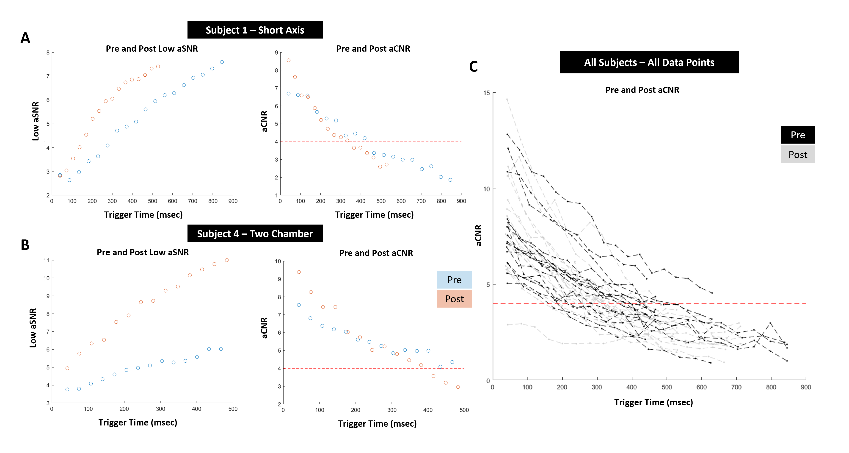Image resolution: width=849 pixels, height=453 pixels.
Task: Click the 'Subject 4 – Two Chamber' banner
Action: [x=255, y=234]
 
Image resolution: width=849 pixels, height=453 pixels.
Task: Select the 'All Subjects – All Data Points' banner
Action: [x=649, y=62]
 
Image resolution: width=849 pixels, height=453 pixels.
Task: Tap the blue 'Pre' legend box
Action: [x=454, y=280]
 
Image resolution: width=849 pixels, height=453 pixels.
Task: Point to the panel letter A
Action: [x=25, y=38]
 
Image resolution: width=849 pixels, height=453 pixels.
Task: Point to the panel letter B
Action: [x=25, y=245]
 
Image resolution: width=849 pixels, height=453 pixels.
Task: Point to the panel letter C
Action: [x=473, y=67]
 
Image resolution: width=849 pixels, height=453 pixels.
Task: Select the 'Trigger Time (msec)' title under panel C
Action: [x=653, y=402]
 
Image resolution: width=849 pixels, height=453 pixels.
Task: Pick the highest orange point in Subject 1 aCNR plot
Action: [x=288, y=60]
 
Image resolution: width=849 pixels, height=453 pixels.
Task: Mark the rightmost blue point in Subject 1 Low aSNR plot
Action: [x=222, y=62]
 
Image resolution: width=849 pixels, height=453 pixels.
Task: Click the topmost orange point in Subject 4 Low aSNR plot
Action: [x=227, y=260]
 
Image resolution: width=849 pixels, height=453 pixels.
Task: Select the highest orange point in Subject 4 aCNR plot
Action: [x=299, y=272]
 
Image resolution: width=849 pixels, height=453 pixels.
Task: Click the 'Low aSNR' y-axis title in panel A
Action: [x=36, y=121]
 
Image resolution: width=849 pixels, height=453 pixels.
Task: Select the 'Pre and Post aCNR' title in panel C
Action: [x=642, y=90]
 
